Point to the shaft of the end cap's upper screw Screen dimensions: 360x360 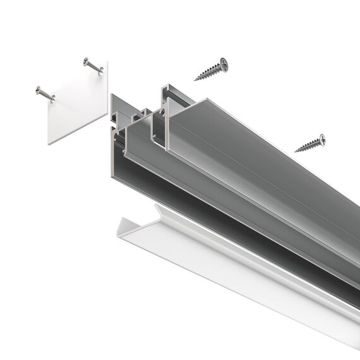(95, 67)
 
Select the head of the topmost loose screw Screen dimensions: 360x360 (223, 63)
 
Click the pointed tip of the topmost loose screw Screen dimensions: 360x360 (195, 80)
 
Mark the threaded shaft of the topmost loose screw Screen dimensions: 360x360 (208, 71)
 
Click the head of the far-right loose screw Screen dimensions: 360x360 (322, 138)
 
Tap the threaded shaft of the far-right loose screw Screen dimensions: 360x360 (308, 145)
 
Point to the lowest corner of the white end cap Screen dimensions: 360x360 (49, 143)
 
